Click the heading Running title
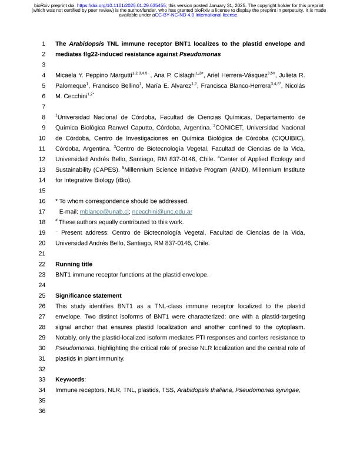(74, 264)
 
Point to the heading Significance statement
(88, 295)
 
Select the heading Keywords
(70, 380)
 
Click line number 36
(42, 411)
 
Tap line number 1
(44, 44)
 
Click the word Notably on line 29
(67, 338)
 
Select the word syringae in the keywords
(286, 390)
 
